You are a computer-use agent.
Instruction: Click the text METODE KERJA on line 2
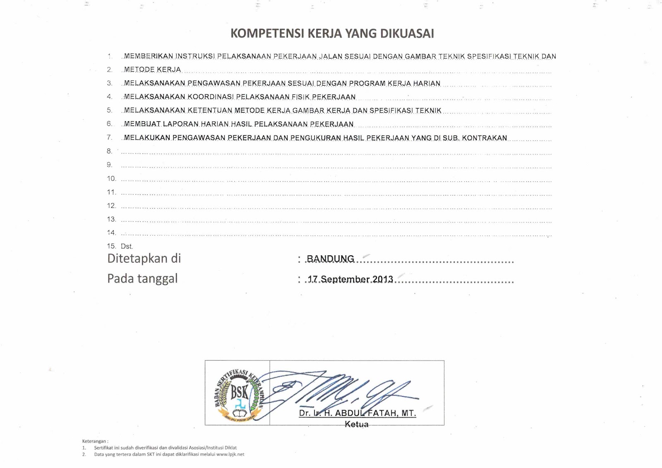point(152,70)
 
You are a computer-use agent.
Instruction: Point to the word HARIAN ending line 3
point(427,84)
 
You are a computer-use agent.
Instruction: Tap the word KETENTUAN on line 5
point(209,110)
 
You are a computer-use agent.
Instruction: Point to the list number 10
point(111,178)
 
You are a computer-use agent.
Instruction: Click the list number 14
point(111,233)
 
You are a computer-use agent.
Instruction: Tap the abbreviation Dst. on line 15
point(127,246)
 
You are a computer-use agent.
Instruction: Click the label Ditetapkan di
point(144,258)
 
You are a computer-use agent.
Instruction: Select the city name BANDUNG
point(330,259)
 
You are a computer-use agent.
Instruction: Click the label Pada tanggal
point(142,278)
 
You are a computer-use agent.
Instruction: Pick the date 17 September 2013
point(350,279)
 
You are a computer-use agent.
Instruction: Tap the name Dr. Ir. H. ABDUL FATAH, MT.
point(357,413)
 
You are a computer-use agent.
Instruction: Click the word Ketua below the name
point(356,424)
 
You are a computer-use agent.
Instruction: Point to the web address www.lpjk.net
point(230,454)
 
